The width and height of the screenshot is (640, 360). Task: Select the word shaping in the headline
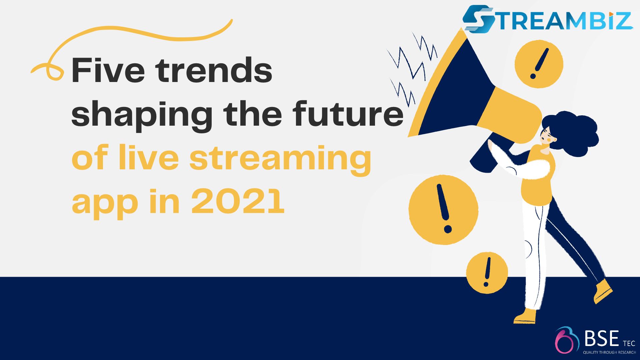coord(142,115)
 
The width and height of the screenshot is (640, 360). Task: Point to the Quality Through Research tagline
coord(609,352)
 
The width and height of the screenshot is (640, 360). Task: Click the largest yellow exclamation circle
coord(443,210)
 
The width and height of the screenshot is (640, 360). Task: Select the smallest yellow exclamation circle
coord(487,273)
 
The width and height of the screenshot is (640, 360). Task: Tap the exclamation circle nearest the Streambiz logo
coord(539,64)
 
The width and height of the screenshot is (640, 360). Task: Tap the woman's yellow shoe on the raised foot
coord(603,291)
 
